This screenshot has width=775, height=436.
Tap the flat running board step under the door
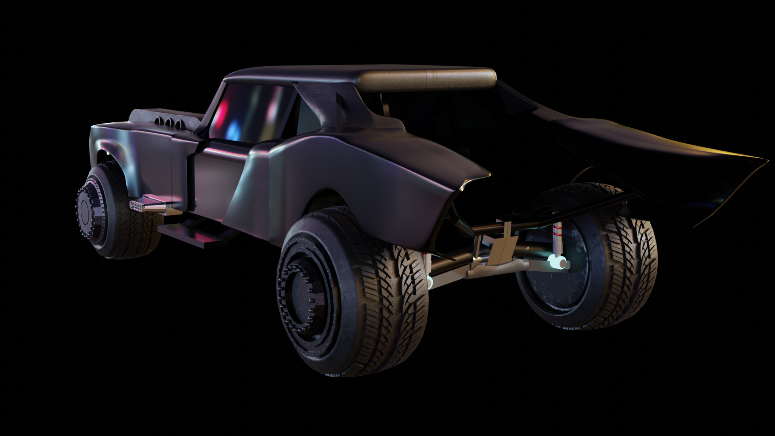coord(190,234)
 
